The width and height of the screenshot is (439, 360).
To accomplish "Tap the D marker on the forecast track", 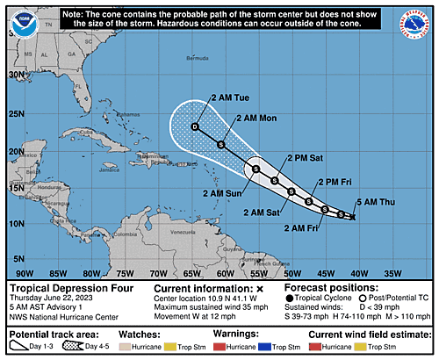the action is [196, 127].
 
